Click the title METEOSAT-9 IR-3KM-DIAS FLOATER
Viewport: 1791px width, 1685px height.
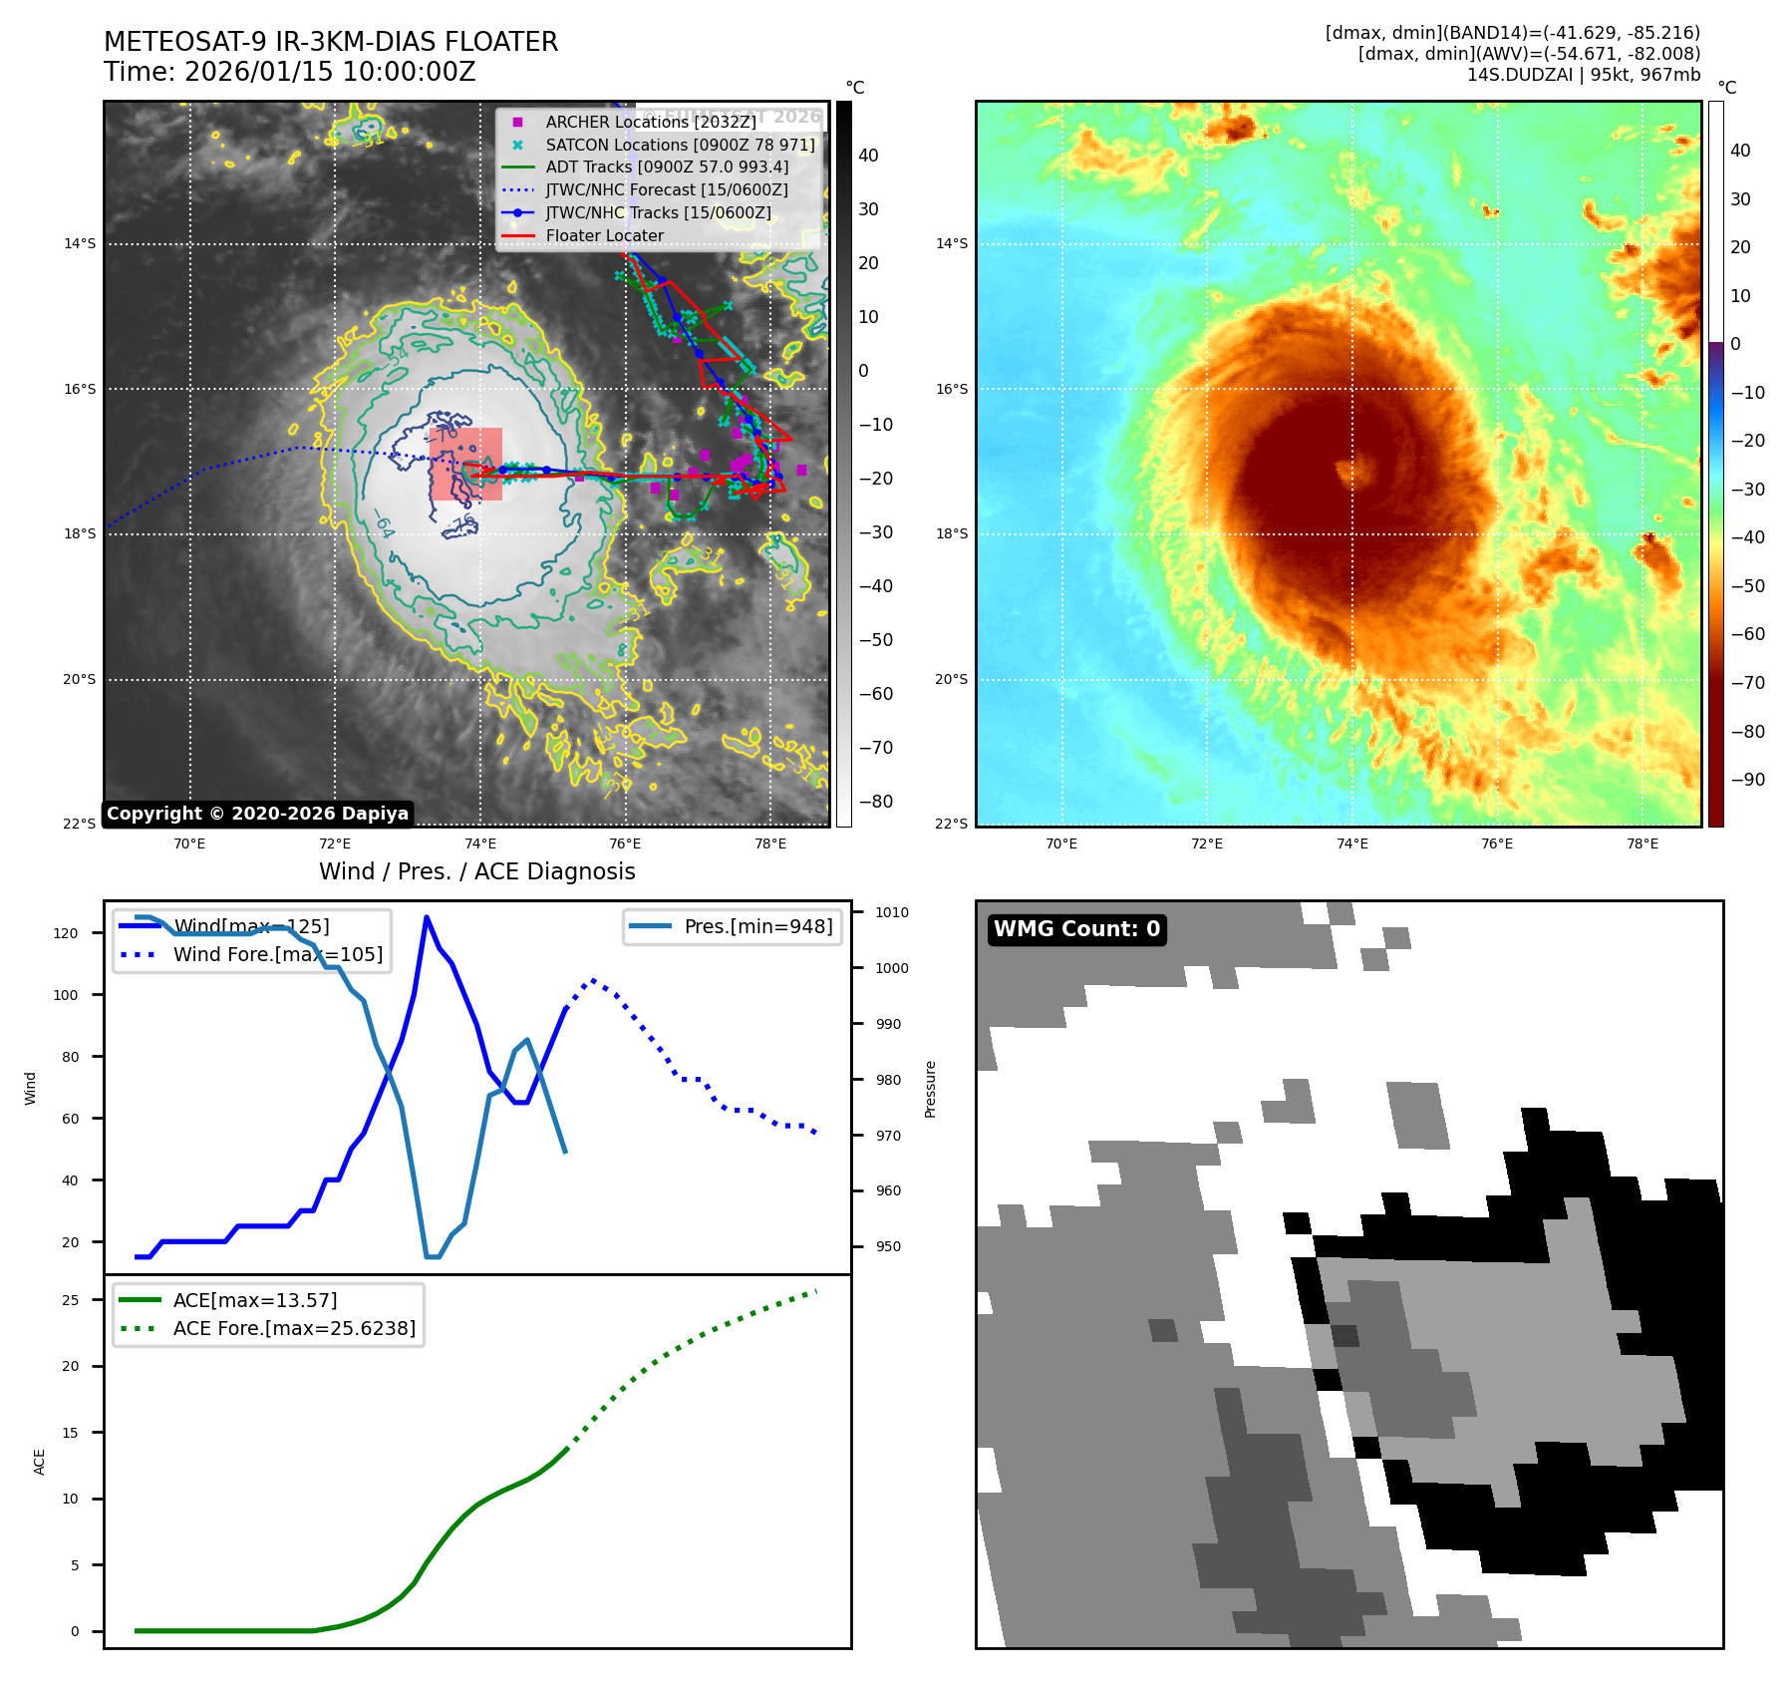[x=331, y=42]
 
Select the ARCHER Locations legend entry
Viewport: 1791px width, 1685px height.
[x=650, y=122]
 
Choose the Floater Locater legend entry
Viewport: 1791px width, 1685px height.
[x=604, y=235]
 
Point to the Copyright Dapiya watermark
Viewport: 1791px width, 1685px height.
[x=257, y=814]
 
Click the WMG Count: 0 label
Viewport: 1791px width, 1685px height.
[x=1076, y=929]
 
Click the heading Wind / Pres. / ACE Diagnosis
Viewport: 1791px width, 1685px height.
[x=476, y=871]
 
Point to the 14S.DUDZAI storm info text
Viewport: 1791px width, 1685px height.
[x=1583, y=75]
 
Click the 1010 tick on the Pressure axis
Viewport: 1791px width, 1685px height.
[x=892, y=912]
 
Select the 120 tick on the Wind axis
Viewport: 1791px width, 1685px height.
[x=66, y=933]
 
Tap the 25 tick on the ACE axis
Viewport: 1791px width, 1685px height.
[x=70, y=1300]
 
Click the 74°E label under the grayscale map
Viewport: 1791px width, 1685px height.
[x=480, y=843]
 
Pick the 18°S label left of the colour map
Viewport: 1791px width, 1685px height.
[x=951, y=533]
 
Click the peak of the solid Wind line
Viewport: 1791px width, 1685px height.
[x=427, y=917]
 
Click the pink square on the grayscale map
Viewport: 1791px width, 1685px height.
[x=466, y=464]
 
